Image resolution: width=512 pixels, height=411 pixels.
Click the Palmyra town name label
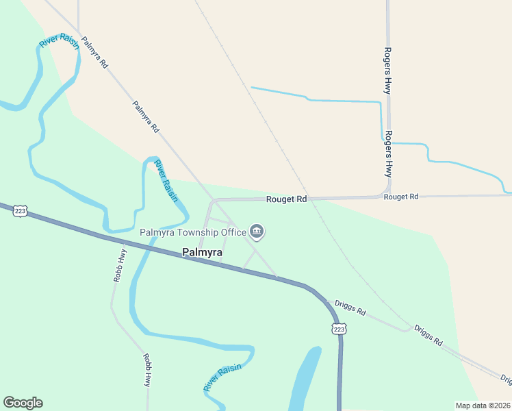pyautogui.click(x=202, y=253)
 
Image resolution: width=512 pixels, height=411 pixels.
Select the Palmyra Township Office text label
pyautogui.click(x=192, y=232)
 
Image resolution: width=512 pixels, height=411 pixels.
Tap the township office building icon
pyautogui.click(x=257, y=232)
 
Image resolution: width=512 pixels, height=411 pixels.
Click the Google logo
pyautogui.click(x=23, y=403)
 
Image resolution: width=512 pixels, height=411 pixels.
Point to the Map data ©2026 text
pyautogui.click(x=482, y=405)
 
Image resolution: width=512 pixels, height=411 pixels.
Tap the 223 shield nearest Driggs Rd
pyautogui.click(x=340, y=329)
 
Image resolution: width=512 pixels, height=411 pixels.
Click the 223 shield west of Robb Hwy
pyautogui.click(x=20, y=211)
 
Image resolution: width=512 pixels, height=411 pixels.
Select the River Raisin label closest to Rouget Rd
pyautogui.click(x=166, y=180)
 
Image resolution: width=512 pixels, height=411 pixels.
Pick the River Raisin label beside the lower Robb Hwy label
pyautogui.click(x=222, y=378)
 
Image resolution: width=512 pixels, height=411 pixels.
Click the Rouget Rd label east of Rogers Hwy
pyautogui.click(x=400, y=197)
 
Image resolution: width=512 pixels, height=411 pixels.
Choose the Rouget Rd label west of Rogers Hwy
pyautogui.click(x=286, y=199)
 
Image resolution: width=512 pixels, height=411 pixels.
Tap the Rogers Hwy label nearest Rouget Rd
pyautogui.click(x=388, y=153)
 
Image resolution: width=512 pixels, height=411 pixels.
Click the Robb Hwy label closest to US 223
pyautogui.click(x=120, y=264)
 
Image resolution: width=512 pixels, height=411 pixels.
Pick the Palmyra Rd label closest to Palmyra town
pyautogui.click(x=146, y=117)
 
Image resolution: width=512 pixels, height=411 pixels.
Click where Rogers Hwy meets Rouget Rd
pyautogui.click(x=387, y=196)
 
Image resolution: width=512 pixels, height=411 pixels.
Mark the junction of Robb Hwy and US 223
pyautogui.click(x=123, y=241)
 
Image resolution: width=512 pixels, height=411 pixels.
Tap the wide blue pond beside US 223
pyautogui.click(x=305, y=381)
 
